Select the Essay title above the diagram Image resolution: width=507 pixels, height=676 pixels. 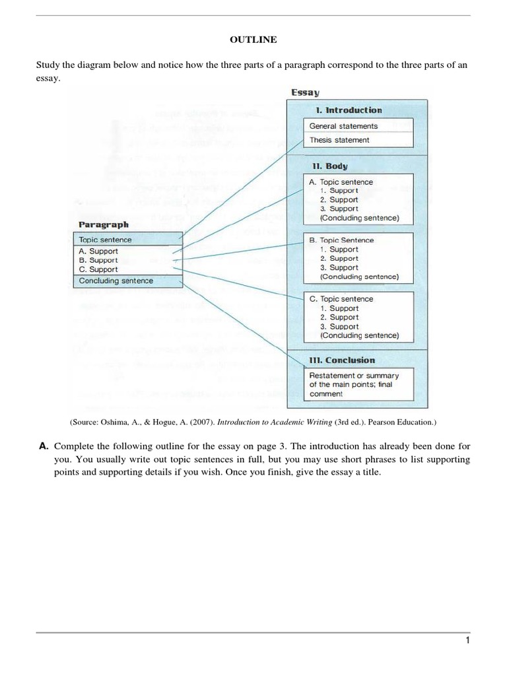pyautogui.click(x=305, y=93)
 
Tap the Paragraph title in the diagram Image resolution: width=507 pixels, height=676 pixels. pyautogui.click(x=104, y=224)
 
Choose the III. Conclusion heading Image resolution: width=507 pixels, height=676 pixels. pyautogui.click(x=341, y=360)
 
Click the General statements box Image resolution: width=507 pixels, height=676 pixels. pyautogui.click(x=343, y=126)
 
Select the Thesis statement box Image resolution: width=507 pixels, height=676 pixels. pyautogui.click(x=339, y=140)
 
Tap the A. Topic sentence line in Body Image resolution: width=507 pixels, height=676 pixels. pyautogui.click(x=341, y=182)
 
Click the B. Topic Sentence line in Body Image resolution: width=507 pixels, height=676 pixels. pyautogui.click(x=341, y=240)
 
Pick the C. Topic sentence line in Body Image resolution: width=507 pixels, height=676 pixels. pyautogui.click(x=341, y=299)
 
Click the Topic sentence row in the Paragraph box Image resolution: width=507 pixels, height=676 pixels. pyautogui.click(x=105, y=240)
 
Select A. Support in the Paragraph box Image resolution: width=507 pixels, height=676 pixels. pyautogui.click(x=98, y=252)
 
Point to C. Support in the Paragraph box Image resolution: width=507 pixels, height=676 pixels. pyautogui.click(x=98, y=269)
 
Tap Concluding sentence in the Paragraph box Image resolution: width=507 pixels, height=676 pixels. pyautogui.click(x=116, y=281)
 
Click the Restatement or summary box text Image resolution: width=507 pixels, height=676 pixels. pyautogui.click(x=354, y=384)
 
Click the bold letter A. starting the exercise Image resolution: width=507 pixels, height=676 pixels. pyautogui.click(x=43, y=446)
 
